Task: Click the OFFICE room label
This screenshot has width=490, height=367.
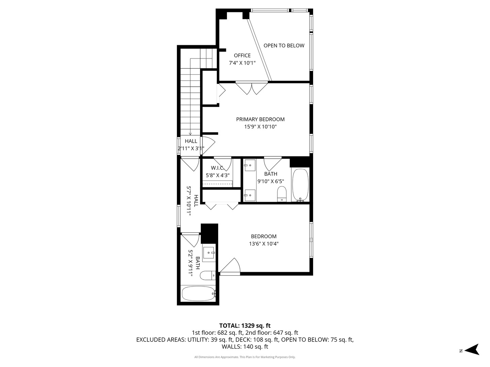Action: click(x=242, y=55)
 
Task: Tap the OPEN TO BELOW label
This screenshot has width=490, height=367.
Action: click(x=284, y=46)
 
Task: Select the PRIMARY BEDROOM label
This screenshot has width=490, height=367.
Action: click(x=260, y=119)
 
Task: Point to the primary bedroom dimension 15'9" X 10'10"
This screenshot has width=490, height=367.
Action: click(x=260, y=127)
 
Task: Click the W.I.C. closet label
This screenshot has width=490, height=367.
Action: click(x=217, y=168)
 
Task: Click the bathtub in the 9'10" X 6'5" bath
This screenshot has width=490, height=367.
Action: click(x=300, y=185)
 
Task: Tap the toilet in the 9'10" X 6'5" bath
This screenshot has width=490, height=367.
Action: click(x=282, y=194)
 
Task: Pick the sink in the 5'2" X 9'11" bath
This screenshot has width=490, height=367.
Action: click(x=208, y=252)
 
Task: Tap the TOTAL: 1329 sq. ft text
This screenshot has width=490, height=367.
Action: click(x=245, y=326)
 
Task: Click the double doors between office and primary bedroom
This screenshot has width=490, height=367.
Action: click(x=252, y=88)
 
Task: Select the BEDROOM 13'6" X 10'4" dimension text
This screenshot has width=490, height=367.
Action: click(x=264, y=244)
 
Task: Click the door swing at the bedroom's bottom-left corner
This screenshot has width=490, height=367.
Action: click(x=231, y=266)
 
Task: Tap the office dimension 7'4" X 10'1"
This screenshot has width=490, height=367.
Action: click(x=242, y=63)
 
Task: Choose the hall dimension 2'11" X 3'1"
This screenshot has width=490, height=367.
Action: click(x=191, y=148)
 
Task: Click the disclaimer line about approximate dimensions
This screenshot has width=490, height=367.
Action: click(x=245, y=357)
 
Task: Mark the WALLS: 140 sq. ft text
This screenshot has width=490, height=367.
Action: click(x=245, y=347)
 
